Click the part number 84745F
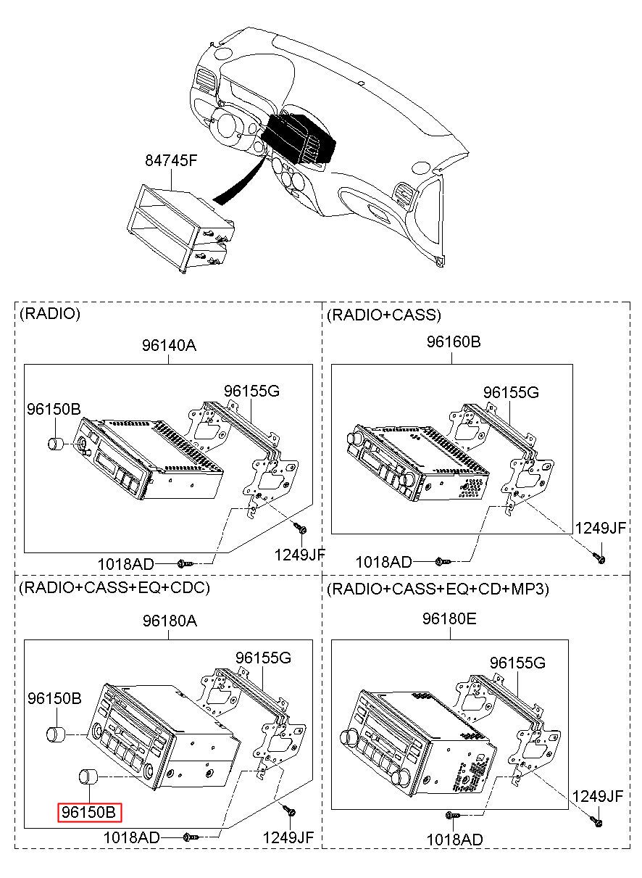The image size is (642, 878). coord(171,160)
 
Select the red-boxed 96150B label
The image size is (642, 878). coord(90,813)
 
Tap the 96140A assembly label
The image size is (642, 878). coord(170,345)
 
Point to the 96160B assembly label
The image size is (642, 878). coord(453,341)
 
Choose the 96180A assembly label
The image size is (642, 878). coord(170,621)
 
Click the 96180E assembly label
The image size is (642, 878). coord(449,618)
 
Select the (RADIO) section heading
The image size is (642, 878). coord(50,313)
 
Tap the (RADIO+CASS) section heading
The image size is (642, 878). coord(384,315)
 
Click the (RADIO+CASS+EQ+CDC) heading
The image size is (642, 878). coord(114,587)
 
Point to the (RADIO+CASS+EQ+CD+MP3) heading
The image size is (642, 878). coord(438,589)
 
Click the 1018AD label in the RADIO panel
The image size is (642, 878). coord(126,564)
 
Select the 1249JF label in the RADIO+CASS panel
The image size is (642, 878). coord(601,528)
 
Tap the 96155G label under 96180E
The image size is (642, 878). coord(517,663)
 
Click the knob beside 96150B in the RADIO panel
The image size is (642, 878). coord(56,444)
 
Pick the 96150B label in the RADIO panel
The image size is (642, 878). coord(54,409)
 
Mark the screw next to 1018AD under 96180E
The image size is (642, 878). coord(452,815)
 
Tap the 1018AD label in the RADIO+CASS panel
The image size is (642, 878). coord(383,562)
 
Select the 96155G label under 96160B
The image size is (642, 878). coord(511,392)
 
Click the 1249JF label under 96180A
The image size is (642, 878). coord(288,837)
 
